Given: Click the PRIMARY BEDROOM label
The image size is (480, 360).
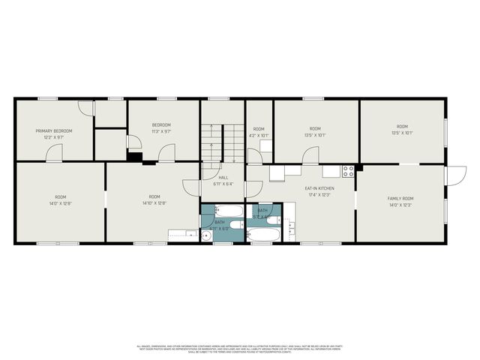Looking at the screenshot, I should click(53, 130).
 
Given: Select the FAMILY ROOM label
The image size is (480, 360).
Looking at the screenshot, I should click(400, 199).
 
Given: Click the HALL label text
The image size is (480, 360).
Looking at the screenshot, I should click(223, 178).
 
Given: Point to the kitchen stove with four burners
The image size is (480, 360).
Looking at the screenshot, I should click(348, 171).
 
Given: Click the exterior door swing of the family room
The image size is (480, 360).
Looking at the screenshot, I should click(454, 175).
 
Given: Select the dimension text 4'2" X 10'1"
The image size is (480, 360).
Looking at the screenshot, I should click(259, 136).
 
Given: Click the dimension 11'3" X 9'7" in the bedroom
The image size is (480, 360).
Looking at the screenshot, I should click(162, 131).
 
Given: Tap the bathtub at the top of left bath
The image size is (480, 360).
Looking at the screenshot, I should click(228, 211).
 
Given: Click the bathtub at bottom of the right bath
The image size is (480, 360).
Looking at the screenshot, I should click(263, 235).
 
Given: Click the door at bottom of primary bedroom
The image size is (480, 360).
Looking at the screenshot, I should click(54, 154).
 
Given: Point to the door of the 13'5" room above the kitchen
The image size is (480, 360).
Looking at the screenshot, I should click(310, 156).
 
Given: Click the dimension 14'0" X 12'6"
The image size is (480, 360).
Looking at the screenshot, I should click(60, 203).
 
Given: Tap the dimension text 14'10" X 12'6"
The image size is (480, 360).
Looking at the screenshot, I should click(154, 203).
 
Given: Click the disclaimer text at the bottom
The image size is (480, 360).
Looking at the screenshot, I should click(240, 349).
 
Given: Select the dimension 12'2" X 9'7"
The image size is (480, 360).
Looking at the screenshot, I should click(53, 137).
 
